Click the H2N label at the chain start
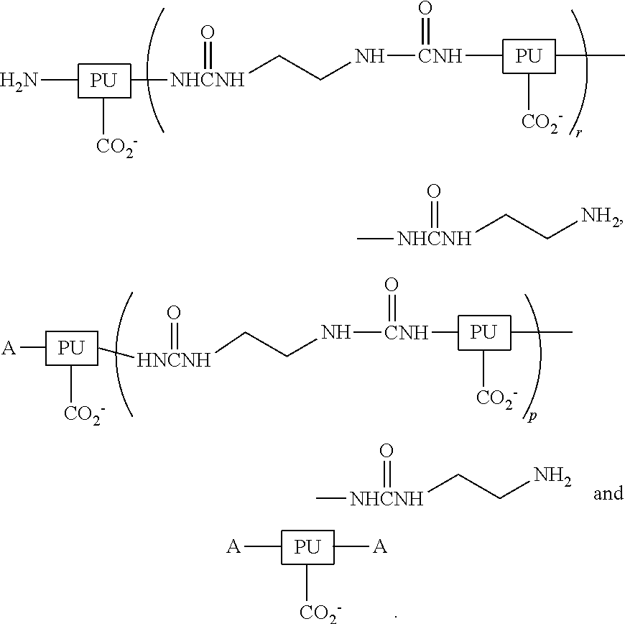point(20,80)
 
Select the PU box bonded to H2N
point(103,80)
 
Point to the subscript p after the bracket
point(532,417)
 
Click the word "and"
point(607,495)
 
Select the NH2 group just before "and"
point(550,475)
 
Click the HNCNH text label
point(174,360)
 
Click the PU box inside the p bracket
point(483,332)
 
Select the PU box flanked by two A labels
point(307,548)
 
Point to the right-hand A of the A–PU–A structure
point(380,548)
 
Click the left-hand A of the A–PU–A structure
point(233,548)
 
